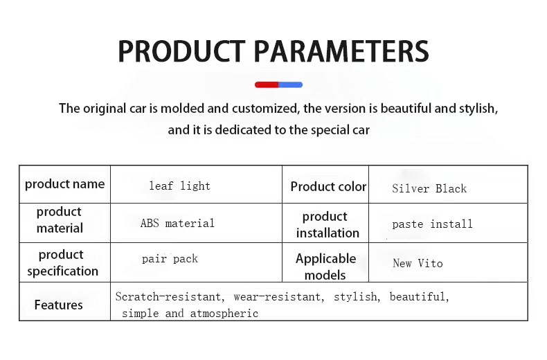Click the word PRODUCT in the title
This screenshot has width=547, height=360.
click(x=181, y=51)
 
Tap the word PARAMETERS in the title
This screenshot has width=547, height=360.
click(x=341, y=51)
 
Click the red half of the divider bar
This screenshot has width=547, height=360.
click(x=267, y=84)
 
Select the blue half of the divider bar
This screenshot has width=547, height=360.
click(x=291, y=84)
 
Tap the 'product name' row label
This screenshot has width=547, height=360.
click(x=65, y=184)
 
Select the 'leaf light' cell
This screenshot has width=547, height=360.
click(x=179, y=186)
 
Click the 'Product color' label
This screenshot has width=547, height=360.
click(x=328, y=187)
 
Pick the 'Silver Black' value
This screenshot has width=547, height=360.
click(x=429, y=188)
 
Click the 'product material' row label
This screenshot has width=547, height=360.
click(x=60, y=219)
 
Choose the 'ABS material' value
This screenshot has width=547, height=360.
click(x=177, y=223)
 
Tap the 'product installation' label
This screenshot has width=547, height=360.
click(x=328, y=224)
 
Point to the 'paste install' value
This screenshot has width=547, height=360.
click(x=432, y=224)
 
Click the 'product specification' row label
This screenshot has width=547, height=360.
click(x=63, y=262)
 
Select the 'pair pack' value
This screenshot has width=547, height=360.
click(x=170, y=259)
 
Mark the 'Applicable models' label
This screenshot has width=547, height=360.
click(x=326, y=267)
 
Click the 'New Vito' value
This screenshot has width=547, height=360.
click(x=418, y=263)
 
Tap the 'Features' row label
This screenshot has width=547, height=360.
click(x=59, y=305)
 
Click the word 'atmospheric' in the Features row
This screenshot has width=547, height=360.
click(x=224, y=313)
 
